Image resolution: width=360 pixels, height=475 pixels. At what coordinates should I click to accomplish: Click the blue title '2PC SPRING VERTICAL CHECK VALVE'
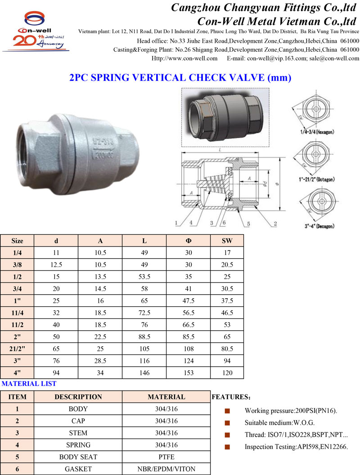click(167, 77)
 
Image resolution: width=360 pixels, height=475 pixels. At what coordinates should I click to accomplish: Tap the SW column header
click(227, 241)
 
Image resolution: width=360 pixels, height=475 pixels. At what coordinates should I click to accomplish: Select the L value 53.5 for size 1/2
click(144, 277)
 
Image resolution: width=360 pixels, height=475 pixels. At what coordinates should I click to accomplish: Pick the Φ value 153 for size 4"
click(189, 372)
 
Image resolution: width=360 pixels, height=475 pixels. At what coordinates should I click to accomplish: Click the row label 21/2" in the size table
click(17, 349)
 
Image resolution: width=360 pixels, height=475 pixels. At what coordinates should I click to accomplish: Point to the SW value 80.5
click(227, 349)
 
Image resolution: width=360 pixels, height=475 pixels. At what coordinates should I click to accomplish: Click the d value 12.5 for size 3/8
click(56, 265)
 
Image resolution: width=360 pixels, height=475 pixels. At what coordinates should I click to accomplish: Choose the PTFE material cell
click(166, 457)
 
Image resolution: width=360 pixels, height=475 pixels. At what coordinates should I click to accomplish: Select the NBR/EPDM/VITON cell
click(166, 469)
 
